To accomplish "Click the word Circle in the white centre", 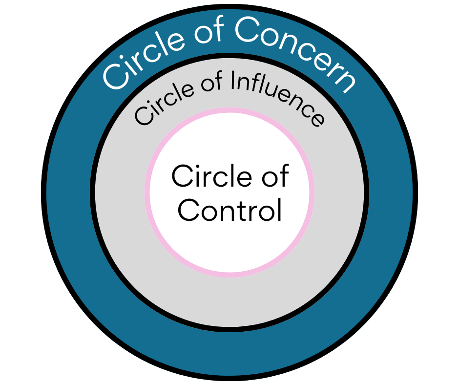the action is click(x=211, y=176).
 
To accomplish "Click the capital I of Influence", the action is click(x=233, y=80).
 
